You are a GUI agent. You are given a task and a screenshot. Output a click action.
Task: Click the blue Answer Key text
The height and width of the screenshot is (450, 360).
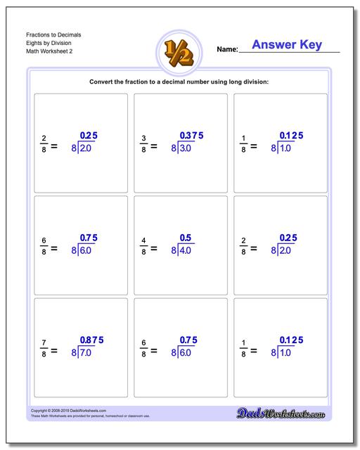[x=286, y=45]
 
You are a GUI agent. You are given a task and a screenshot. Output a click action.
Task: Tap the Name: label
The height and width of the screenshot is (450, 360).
[x=227, y=50]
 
